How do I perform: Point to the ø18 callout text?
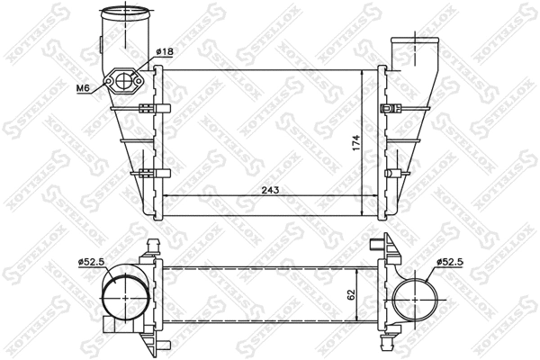(163, 52)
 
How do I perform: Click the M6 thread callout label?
(82, 87)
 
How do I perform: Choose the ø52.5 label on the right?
(451, 262)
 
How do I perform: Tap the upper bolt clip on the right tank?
(391, 110)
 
